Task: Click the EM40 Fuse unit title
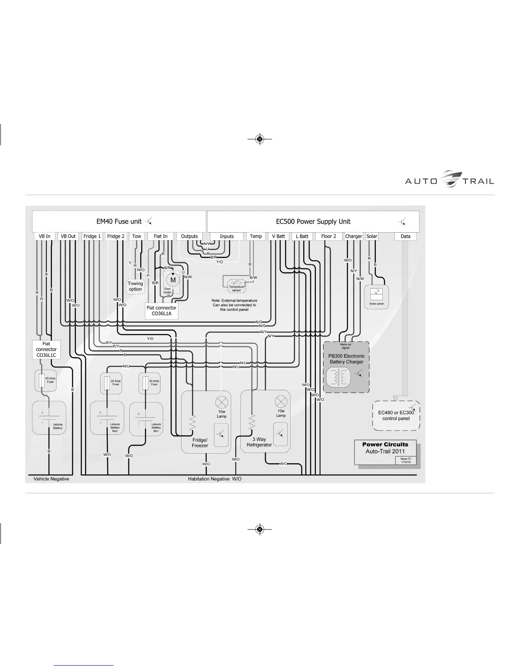pyautogui.click(x=119, y=221)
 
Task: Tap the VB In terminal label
pyautogui.click(x=44, y=237)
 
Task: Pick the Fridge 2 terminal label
pyautogui.click(x=116, y=237)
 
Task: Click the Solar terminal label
pyautogui.click(x=372, y=237)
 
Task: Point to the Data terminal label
pyautogui.click(x=405, y=237)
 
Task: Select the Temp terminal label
pyautogui.click(x=256, y=237)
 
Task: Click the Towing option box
pyautogui.click(x=136, y=286)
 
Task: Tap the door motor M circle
pyautogui.click(x=173, y=280)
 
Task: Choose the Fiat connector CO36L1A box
pyautogui.click(x=161, y=310)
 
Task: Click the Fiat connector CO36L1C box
pyautogui.click(x=46, y=350)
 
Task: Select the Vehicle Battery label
pyautogui.click(x=57, y=426)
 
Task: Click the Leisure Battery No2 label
pyautogui.click(x=115, y=427)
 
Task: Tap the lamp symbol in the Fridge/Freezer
pyautogui.click(x=222, y=402)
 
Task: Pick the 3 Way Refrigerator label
pyautogui.click(x=259, y=442)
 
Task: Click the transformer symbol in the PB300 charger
pyautogui.click(x=338, y=377)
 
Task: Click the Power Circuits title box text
pyautogui.click(x=385, y=444)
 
